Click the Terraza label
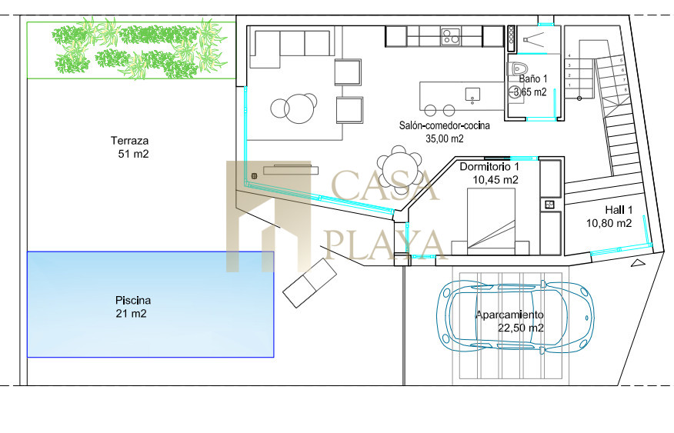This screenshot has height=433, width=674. point(129,141)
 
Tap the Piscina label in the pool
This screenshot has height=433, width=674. point(133,300)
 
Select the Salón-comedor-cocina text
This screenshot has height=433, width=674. point(445,125)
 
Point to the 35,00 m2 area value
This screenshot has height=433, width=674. point(445,138)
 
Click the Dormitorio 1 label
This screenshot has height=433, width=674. point(489,167)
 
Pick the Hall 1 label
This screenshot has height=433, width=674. point(619,210)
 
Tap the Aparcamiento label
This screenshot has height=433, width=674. point(509,315)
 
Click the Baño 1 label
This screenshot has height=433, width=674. point(533,78)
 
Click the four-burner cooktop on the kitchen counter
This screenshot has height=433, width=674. point(450,36)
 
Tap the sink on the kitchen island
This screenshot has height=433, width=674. point(472,95)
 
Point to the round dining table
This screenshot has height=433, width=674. point(400,165)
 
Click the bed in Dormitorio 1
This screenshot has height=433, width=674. point(490,221)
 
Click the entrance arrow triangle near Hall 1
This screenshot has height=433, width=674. point(639,263)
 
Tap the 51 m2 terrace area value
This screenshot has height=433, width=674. point(133,154)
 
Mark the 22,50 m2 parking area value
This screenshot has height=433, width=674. point(521,328)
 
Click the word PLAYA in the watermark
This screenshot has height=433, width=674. point(385,245)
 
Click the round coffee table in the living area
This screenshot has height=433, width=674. point(301,108)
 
